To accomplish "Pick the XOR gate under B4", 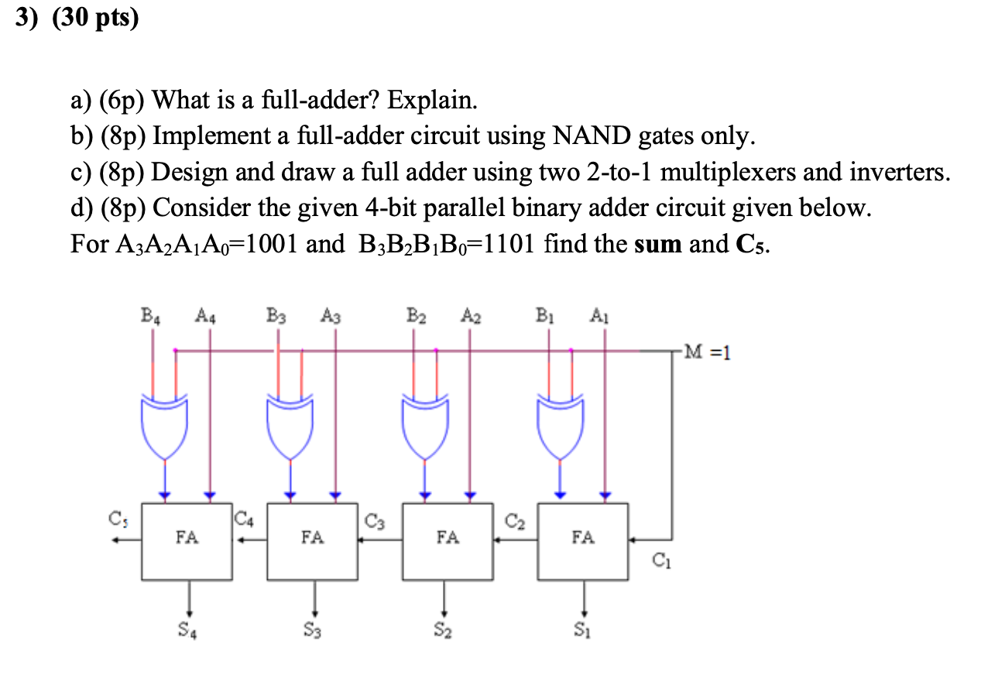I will [164, 426].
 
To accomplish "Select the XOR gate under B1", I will [561, 426].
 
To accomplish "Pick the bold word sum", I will [658, 245].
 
